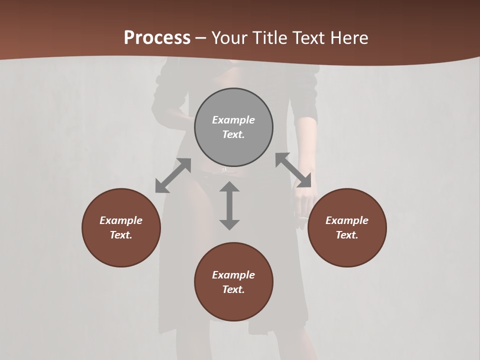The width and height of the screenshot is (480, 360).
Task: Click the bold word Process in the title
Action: click(157, 37)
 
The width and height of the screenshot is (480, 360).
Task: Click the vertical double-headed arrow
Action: click(229, 205)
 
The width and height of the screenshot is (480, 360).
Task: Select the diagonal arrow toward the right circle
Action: click(293, 170)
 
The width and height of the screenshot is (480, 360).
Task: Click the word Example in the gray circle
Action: click(233, 120)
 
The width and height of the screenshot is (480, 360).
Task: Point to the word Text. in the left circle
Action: click(121, 235)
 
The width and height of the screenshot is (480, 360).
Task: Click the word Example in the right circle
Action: click(347, 220)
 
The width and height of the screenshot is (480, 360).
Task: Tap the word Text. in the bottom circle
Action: click(233, 289)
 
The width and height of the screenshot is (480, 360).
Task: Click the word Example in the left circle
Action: click(121, 220)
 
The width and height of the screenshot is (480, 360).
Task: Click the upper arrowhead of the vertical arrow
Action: click(229, 187)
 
